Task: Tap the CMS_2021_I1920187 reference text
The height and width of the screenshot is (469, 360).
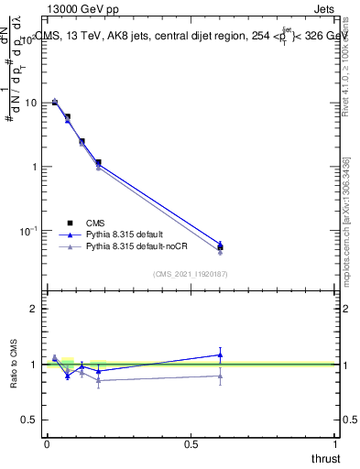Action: (191, 274)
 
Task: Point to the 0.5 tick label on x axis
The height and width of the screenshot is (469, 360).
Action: (191, 443)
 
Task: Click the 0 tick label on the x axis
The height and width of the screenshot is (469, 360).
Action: (47, 443)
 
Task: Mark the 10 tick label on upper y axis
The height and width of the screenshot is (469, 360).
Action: (31, 103)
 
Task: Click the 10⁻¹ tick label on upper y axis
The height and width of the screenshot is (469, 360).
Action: (29, 230)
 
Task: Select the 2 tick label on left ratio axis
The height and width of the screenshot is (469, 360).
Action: (35, 309)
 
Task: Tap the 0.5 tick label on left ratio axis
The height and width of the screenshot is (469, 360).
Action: (31, 420)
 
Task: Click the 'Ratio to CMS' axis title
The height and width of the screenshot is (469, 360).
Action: (13, 364)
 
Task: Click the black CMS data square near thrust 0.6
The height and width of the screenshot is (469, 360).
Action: (220, 246)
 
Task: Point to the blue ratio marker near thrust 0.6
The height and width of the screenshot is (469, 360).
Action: (220, 354)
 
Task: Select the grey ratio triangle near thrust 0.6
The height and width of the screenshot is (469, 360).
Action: (220, 376)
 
